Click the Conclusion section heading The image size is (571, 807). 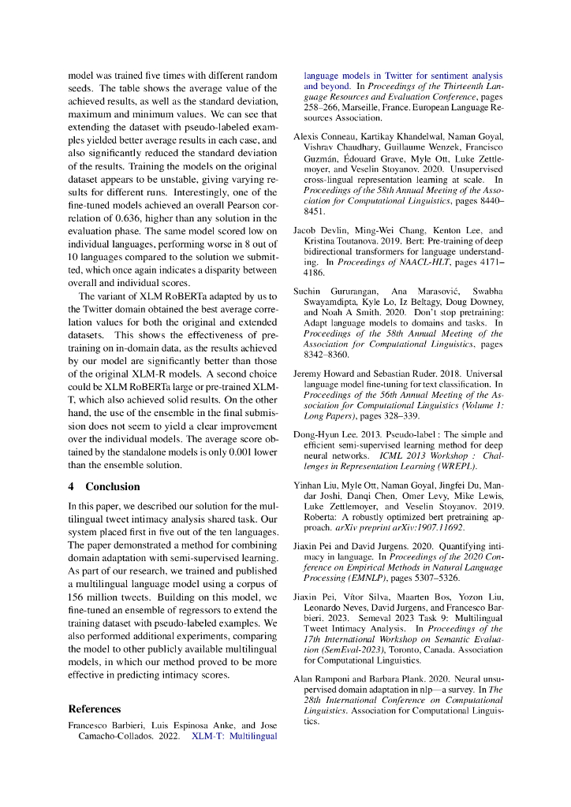point(113,486)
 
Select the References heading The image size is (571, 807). point(95,708)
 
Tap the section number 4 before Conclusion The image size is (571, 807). point(72,486)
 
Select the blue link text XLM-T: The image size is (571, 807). point(210,738)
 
